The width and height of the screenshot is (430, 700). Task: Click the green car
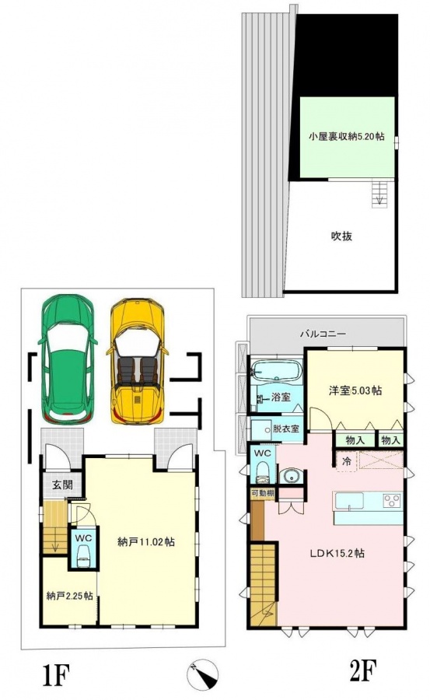pos(68,359)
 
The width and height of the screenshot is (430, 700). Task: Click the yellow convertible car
pos(137,362)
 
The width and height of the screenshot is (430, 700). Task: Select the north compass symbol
pos(203,674)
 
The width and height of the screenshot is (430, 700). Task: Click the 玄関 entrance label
pos(62,485)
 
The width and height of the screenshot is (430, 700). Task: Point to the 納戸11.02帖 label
pos(146,542)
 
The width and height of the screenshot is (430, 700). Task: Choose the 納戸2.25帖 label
pos(70,596)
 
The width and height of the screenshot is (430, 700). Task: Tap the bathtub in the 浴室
pos(277,370)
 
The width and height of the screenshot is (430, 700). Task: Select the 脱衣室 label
pos(286,429)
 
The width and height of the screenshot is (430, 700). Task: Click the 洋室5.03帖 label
pos(355,390)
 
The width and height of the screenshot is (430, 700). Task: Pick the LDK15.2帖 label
pos(338,553)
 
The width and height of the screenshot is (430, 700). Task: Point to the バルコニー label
pos(323,333)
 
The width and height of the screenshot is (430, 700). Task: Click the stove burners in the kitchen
pos(393,500)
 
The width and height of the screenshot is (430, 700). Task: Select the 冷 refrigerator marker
pos(347,461)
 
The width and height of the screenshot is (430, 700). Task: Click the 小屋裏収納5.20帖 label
pos(347,137)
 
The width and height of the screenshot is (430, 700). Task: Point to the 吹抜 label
pos(341,236)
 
